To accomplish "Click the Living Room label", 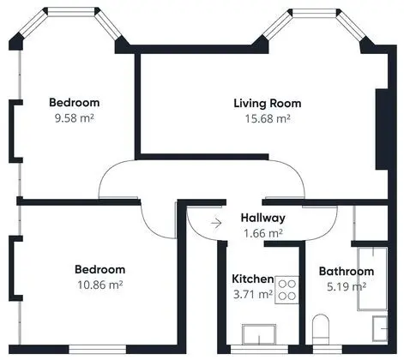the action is [x=268, y=104].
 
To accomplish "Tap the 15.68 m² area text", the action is [x=268, y=118].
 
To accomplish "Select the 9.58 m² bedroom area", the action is [x=75, y=117].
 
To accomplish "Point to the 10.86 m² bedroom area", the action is [x=100, y=285].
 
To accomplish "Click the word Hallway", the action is [x=263, y=218].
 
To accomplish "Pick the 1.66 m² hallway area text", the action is [x=263, y=233].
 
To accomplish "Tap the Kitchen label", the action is [x=253, y=279].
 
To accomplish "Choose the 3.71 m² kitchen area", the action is [x=253, y=294].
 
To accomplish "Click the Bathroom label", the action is [x=347, y=271].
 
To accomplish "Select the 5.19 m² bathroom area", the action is [x=347, y=286].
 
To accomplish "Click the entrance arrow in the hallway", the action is [x=216, y=223].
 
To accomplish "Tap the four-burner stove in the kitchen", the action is [x=287, y=290].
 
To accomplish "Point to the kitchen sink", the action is [x=259, y=334].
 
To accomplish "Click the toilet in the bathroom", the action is [x=322, y=330].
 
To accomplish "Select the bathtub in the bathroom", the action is [x=373, y=279].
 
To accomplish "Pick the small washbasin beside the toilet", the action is [x=380, y=328].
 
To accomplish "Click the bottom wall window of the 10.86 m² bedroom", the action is [x=97, y=349].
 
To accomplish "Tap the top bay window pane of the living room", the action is [x=315, y=13].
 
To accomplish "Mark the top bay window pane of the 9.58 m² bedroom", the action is [x=71, y=11].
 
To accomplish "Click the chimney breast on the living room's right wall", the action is [x=382, y=129].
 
